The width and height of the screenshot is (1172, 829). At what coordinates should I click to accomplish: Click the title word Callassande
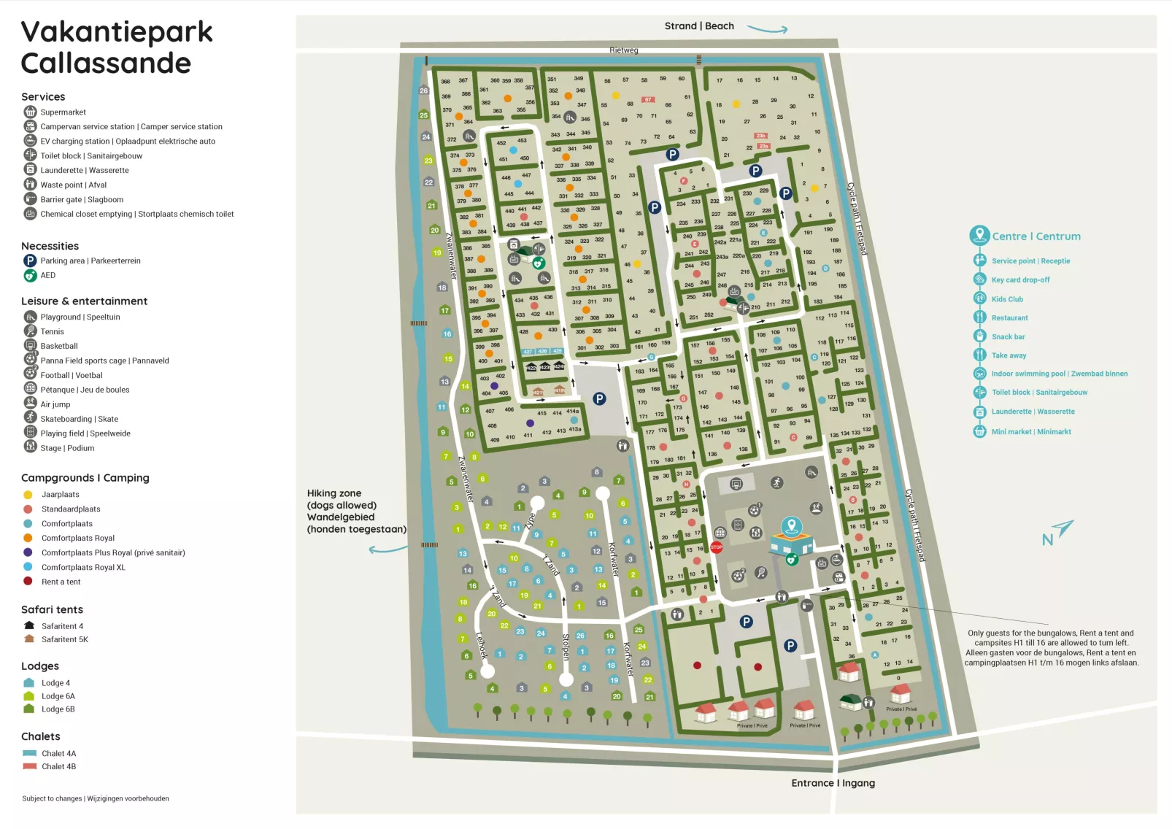coord(106,63)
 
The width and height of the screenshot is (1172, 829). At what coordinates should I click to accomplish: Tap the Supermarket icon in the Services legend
coord(30,112)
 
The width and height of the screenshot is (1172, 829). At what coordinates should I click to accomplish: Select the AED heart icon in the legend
coord(30,275)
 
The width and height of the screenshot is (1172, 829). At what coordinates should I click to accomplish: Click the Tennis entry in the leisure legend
coord(52,331)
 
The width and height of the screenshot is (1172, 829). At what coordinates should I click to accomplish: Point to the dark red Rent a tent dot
coord(28,582)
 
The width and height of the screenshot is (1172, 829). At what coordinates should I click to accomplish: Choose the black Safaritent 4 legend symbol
coord(29,625)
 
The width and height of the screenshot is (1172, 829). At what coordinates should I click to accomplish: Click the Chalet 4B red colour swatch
coord(29,766)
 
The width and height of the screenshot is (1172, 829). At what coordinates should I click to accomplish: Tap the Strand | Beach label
coord(698,26)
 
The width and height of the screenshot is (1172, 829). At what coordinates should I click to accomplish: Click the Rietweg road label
coord(623,50)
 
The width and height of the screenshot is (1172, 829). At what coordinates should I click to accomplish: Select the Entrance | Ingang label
coord(833,783)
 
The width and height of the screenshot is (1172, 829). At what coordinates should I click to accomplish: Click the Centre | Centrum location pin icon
coord(979,235)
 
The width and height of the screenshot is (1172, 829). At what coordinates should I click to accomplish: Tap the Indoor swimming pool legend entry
coord(1059,374)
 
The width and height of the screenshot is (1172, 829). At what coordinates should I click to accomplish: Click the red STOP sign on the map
coord(716,547)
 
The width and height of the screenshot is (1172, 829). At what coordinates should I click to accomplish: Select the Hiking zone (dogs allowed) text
coord(356,511)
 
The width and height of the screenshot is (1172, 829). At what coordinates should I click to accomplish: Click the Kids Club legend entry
coord(1006,299)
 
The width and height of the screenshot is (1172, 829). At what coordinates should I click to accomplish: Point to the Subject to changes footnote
coord(95,798)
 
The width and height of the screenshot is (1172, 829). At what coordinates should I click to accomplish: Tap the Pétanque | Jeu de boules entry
coord(85,390)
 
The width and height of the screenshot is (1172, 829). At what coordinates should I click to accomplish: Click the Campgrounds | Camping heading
coord(85,478)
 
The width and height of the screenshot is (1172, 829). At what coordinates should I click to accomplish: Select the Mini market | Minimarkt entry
coord(1030,432)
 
